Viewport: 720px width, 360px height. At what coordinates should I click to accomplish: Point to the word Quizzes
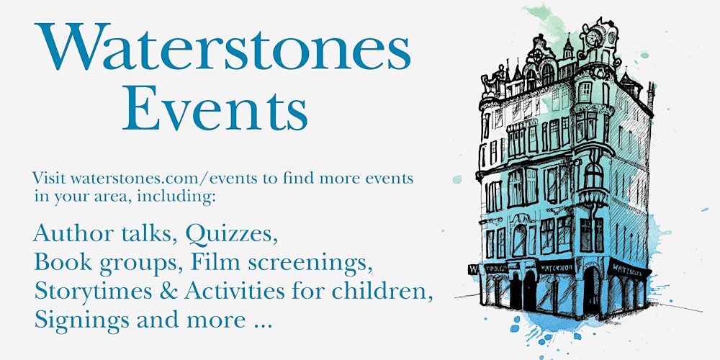pyautogui.click(x=231, y=235)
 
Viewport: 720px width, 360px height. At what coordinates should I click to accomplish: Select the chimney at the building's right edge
pyautogui.click(x=651, y=94)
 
